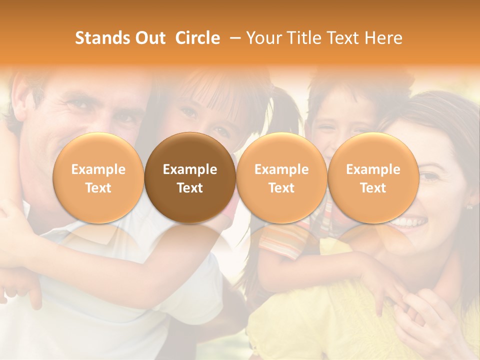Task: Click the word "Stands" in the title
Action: click(x=98, y=38)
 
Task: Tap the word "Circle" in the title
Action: click(x=197, y=38)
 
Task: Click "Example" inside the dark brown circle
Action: click(x=190, y=169)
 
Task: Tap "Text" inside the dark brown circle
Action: click(x=190, y=188)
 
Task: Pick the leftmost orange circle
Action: click(x=98, y=178)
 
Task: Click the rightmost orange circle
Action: click(x=373, y=178)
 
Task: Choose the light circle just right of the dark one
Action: click(x=281, y=178)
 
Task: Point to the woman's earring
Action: click(x=469, y=206)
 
